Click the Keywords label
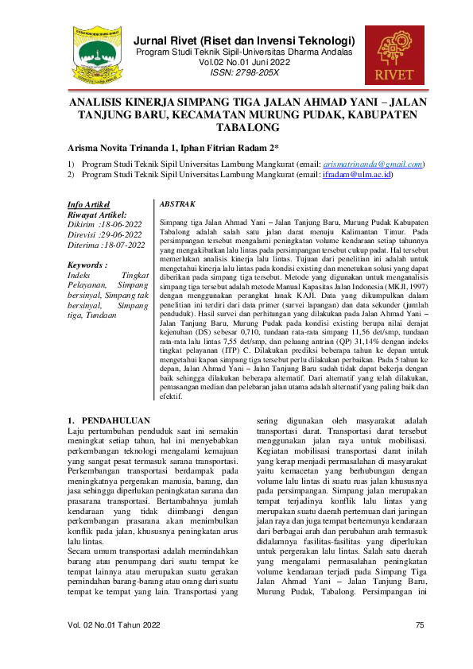coord(90,265)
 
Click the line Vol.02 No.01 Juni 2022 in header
coord(245,62)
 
